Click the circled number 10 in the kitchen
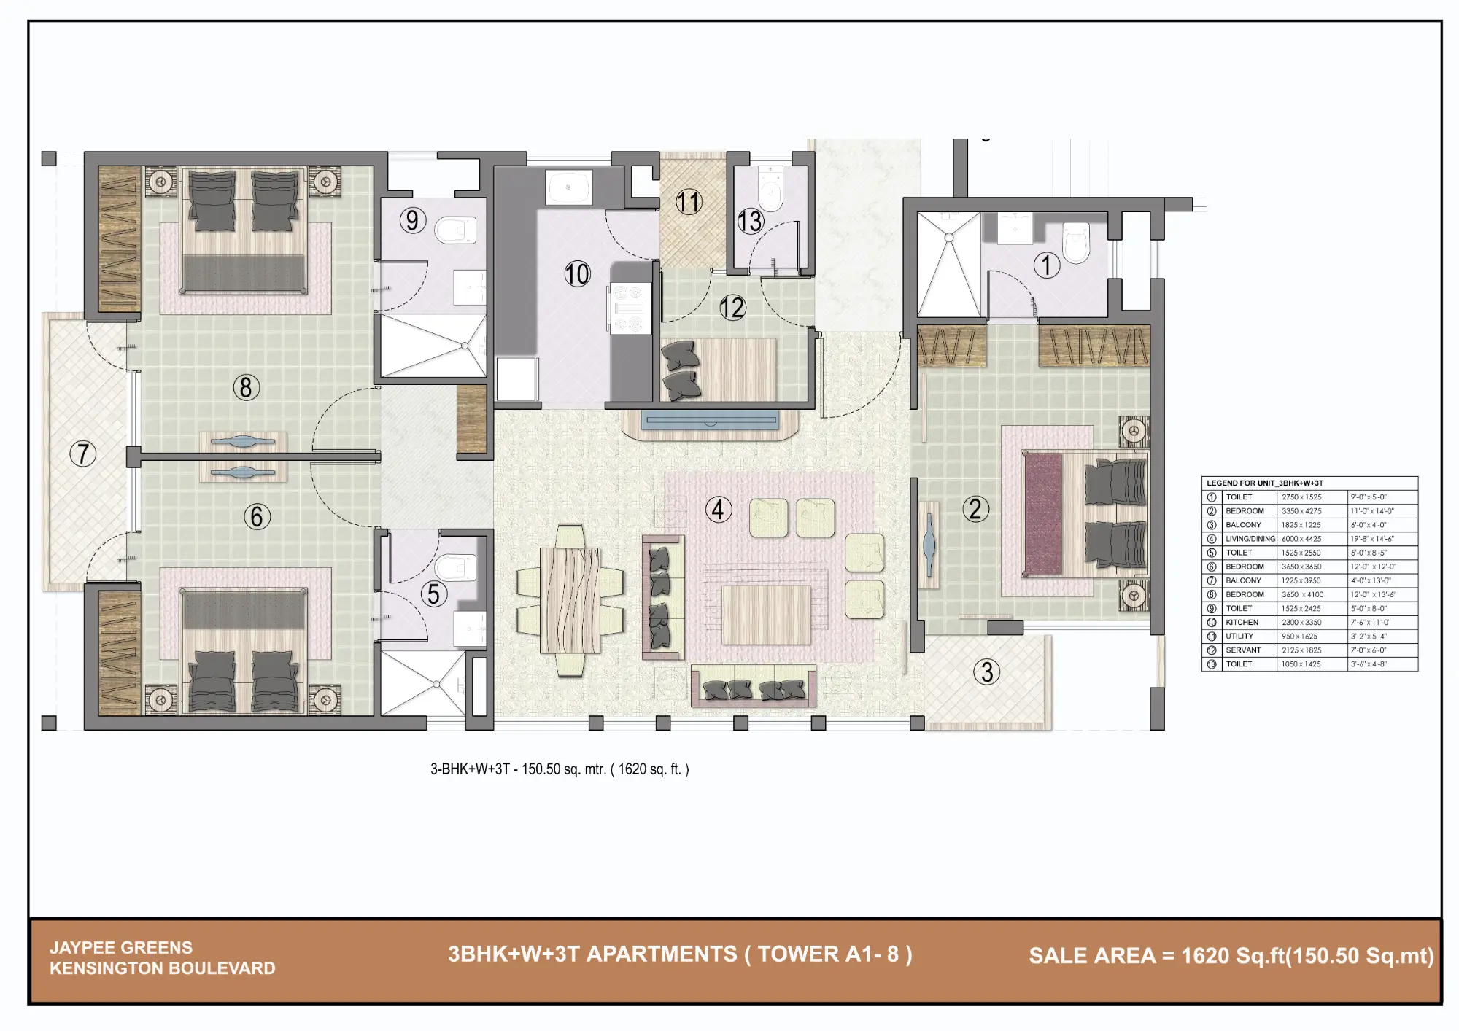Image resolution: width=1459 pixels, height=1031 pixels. (x=577, y=274)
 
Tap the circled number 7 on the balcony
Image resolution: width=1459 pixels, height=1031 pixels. (x=83, y=454)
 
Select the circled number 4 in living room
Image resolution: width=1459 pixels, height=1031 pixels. (x=719, y=510)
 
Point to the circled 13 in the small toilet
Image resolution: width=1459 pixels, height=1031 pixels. (x=750, y=221)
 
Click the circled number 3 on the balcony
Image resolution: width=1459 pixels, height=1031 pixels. (x=987, y=672)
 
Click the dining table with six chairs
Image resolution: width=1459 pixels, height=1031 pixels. (x=570, y=600)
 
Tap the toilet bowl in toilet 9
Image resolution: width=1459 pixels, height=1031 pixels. (x=455, y=230)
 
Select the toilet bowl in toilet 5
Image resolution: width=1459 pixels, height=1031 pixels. (x=455, y=568)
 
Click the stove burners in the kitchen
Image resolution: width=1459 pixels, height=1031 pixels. (x=629, y=309)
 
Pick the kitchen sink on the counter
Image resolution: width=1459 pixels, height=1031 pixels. (x=568, y=188)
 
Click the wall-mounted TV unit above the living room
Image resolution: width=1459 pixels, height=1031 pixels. (x=710, y=421)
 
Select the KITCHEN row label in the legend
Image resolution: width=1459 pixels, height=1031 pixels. (x=1242, y=622)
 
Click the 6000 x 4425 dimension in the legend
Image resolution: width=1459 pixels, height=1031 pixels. (x=1301, y=539)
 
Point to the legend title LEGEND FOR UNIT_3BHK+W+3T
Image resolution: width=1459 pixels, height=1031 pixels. (x=1265, y=483)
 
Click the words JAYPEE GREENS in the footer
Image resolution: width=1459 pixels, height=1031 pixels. (x=121, y=947)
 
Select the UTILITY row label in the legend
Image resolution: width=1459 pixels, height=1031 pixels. (x=1239, y=636)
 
